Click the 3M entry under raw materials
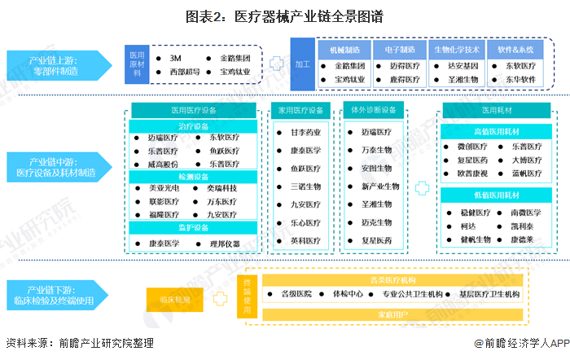pos(174,59)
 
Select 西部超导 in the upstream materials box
pos(184,72)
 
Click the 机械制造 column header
pos(344,49)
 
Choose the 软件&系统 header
pos(517,49)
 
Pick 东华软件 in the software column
pos(519,80)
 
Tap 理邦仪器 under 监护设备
pos(221,243)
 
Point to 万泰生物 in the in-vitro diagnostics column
pos(376,150)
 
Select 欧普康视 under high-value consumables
pos(472,173)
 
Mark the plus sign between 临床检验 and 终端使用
pos(217,299)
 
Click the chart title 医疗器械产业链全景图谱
pos(285,16)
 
